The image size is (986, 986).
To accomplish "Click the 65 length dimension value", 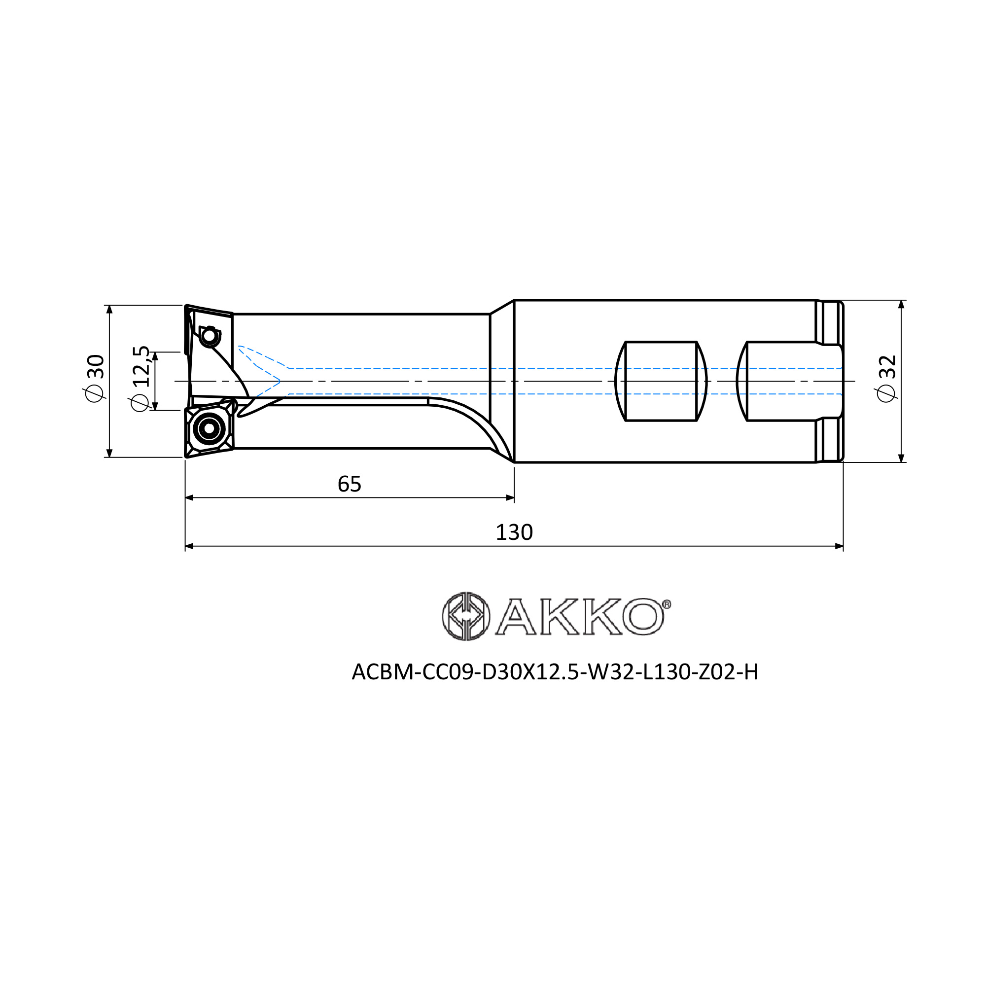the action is pos(349,484).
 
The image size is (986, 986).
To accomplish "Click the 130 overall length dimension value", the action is pos(514,533).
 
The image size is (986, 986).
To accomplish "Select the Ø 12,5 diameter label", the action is pos(141,378).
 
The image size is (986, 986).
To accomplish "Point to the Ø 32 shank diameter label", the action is pos(886,379).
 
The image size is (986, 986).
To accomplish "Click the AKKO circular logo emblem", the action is pos(466,617).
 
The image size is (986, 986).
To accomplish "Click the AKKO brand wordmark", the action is pos(580,617).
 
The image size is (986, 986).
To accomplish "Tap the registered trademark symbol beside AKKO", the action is pos(667,604).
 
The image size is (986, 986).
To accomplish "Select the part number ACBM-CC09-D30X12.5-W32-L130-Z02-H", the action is pos(555,672).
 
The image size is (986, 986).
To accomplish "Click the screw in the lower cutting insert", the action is pos(209,428).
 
